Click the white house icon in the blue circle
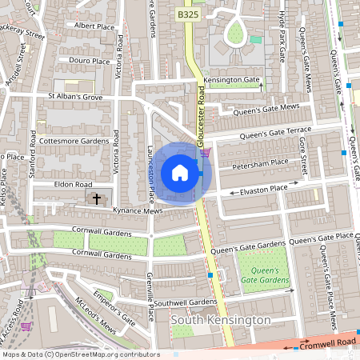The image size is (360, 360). [x=180, y=172]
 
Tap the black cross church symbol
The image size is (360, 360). [x=98, y=198]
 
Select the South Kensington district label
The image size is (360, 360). [x=221, y=320]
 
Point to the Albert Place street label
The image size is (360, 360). [x=94, y=26]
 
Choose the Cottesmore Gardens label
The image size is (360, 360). [x=72, y=141]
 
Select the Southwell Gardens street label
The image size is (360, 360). [x=186, y=302]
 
